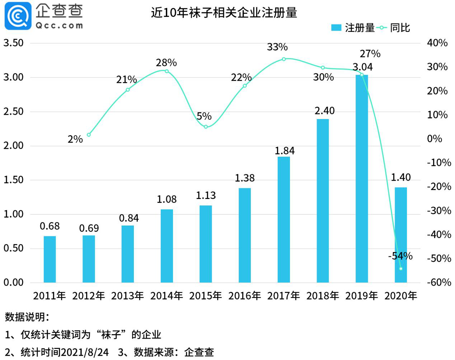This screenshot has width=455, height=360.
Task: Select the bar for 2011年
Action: (50, 259)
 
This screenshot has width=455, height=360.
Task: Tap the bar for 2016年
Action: (245, 235)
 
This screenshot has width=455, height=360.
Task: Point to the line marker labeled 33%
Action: (284, 59)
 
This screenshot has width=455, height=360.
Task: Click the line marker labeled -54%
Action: (401, 269)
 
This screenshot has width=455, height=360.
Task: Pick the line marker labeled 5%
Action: (206, 127)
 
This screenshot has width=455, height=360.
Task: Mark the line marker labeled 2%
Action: (89, 135)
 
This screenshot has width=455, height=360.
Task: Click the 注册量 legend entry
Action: (353, 28)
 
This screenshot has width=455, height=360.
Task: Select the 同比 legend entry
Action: (394, 28)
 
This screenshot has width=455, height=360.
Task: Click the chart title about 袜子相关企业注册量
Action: (224, 13)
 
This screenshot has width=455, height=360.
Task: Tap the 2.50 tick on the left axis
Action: (13, 112)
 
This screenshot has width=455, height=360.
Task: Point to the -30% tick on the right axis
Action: (439, 210)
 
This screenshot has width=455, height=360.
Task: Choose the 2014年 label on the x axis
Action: (166, 296)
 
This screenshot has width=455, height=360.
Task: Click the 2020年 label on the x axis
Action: (401, 296)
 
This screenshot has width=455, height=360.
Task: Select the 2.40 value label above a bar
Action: (324, 111)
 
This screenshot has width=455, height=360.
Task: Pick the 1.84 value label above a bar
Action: (285, 151)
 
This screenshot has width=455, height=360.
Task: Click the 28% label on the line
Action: (166, 63)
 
